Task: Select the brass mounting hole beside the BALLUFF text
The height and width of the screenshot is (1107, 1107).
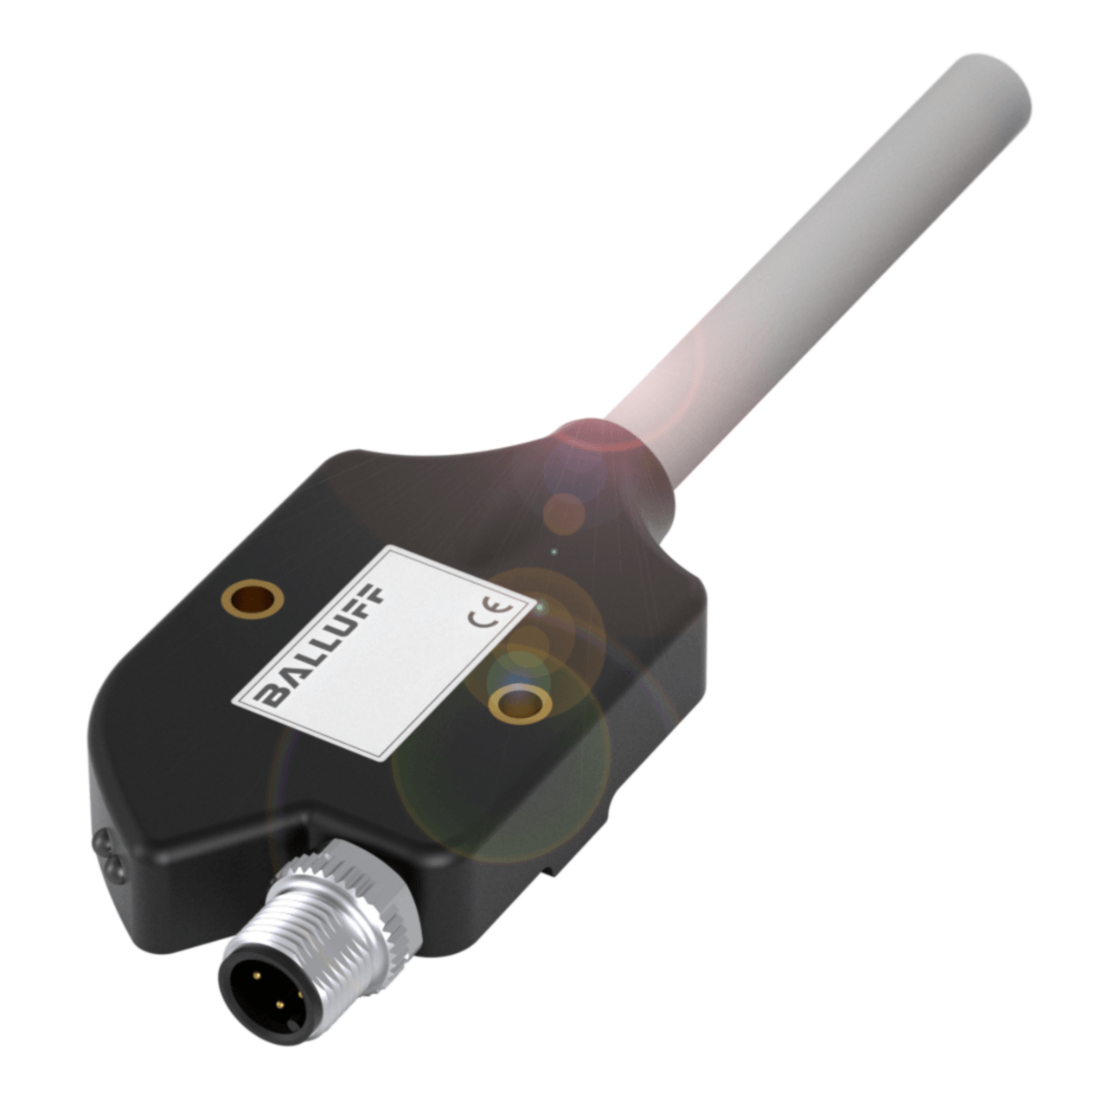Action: coord(252,597)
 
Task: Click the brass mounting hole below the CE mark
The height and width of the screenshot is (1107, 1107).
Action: coord(520,705)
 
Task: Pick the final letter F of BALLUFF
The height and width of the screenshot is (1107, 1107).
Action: coord(374,596)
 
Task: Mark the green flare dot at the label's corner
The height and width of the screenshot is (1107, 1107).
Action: coord(540,609)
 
